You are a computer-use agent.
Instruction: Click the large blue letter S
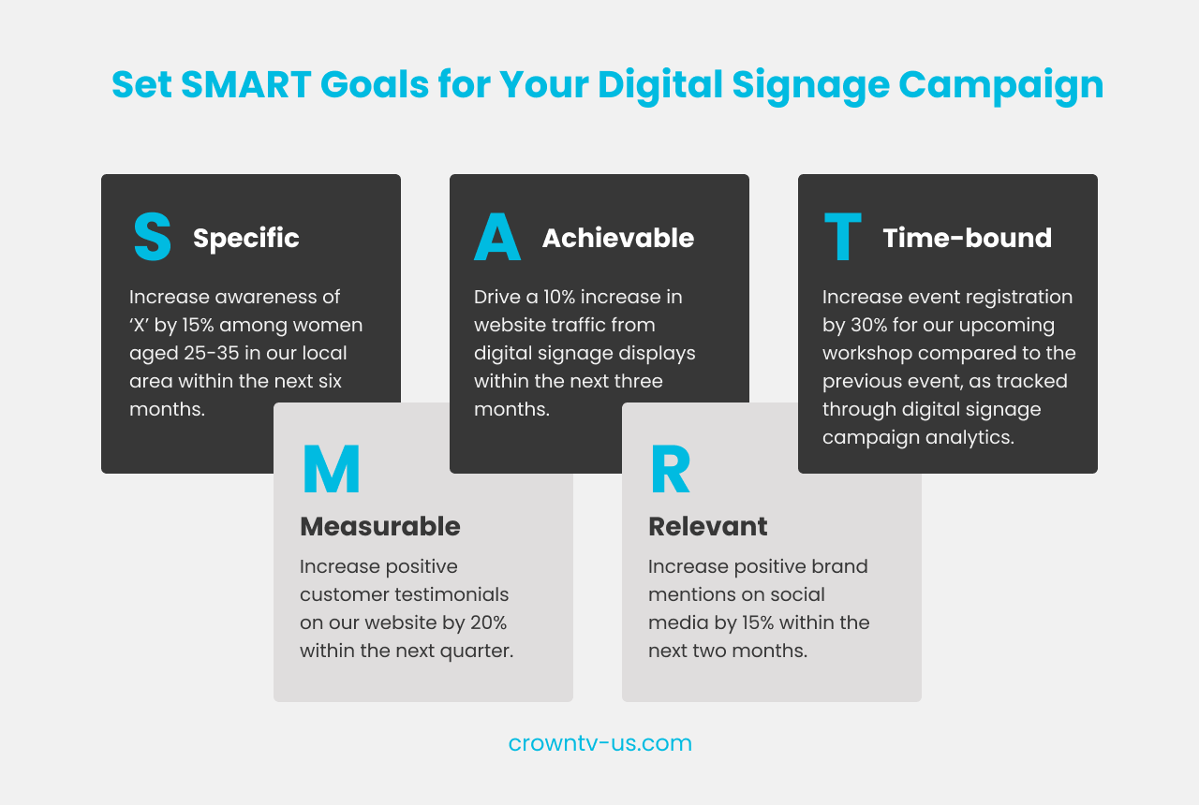(x=152, y=237)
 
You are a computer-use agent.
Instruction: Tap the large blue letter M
(x=331, y=470)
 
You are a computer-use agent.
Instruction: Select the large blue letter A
(x=496, y=238)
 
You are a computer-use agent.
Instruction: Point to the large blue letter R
(x=670, y=470)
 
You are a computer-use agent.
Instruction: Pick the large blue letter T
(x=842, y=238)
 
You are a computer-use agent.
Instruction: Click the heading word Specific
(x=246, y=239)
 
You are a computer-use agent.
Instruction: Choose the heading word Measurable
(x=379, y=526)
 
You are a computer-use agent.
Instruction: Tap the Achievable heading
(x=617, y=239)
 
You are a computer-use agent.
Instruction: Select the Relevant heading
(x=707, y=526)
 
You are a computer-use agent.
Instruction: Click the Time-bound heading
(x=967, y=239)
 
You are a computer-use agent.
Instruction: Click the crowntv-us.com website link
(x=599, y=743)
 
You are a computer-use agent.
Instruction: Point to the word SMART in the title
(x=245, y=85)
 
